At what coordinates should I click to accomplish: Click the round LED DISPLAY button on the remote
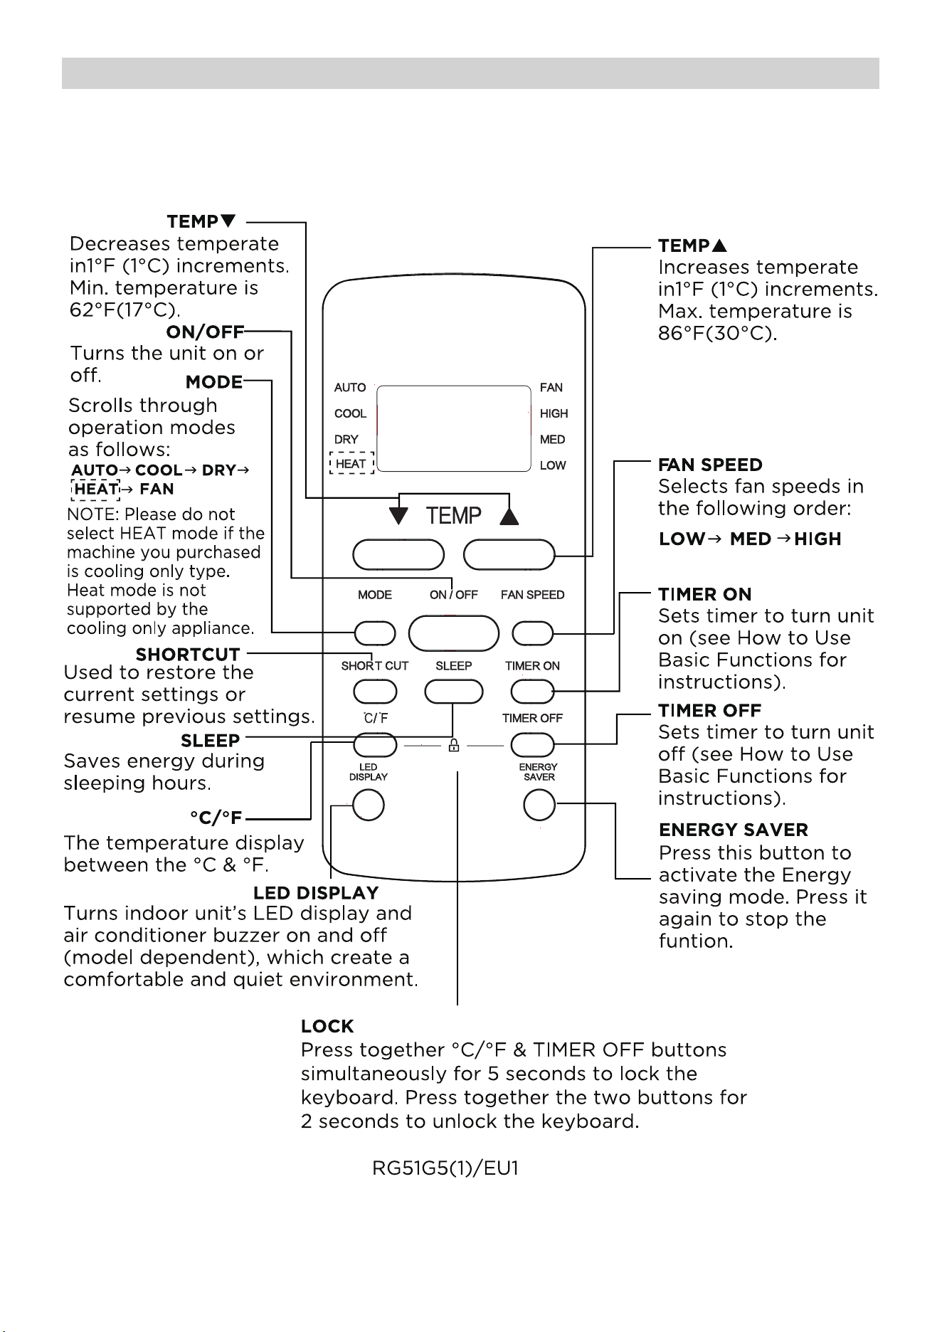point(369,805)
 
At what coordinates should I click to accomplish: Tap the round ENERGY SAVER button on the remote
point(539,805)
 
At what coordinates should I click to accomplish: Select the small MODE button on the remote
point(375,633)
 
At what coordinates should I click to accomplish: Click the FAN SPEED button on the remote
point(532,633)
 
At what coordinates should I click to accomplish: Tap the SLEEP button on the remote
point(454,691)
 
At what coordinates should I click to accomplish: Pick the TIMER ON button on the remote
point(532,691)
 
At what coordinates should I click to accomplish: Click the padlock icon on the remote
point(453,745)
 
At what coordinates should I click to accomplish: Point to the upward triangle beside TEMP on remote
point(509,515)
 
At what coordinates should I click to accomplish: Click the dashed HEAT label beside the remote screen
point(351,463)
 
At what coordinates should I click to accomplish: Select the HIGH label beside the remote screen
point(554,413)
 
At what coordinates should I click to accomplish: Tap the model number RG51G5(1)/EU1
point(445,1169)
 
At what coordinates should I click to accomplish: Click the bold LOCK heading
point(327,1026)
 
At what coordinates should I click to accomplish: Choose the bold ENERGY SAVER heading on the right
point(734,830)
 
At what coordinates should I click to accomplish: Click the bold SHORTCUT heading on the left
point(188,654)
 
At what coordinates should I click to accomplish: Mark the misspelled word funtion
point(696,941)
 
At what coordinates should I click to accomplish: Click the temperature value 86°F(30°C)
point(718,333)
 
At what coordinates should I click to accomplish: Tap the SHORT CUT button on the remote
point(375,691)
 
